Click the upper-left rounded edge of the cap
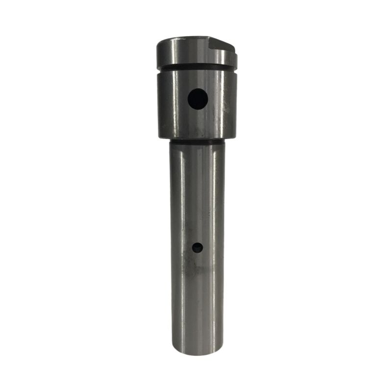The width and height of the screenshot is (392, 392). pos(160,44)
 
